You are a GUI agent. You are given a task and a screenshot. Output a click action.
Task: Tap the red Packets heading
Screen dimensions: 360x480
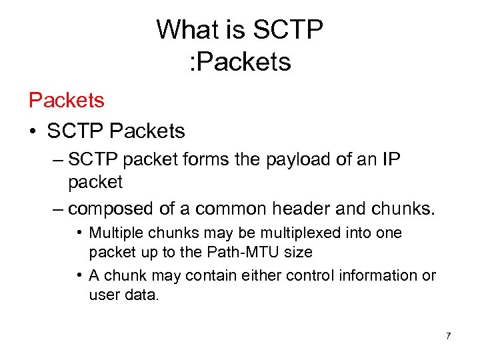point(67,100)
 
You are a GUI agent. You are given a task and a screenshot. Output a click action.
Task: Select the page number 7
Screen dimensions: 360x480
point(448,336)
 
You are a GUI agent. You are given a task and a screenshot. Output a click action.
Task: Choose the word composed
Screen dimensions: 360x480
point(111,209)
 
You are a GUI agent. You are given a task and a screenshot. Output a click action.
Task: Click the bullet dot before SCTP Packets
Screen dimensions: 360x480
point(33,132)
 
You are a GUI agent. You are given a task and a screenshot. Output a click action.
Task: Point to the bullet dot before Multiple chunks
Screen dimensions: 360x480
point(79,233)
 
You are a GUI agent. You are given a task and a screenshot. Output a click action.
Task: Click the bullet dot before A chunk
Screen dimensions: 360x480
point(79,275)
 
